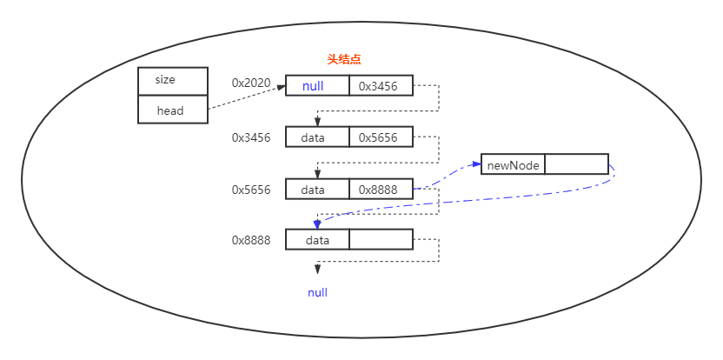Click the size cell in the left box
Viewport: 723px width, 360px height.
click(172, 80)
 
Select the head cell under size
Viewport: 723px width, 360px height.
click(172, 110)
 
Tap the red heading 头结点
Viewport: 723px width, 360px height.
click(343, 59)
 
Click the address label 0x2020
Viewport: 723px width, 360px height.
click(251, 83)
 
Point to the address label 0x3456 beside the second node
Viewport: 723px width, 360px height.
click(251, 137)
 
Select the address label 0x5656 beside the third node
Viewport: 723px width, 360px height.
click(251, 190)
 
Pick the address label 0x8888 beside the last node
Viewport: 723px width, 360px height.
click(251, 240)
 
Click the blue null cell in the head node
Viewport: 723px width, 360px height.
click(317, 86)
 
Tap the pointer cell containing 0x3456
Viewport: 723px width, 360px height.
click(381, 86)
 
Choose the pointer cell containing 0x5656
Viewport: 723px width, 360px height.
click(381, 137)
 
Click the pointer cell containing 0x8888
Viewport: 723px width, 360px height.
click(381, 190)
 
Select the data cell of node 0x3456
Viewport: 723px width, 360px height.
click(317, 137)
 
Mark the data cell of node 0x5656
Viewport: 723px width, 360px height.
click(317, 190)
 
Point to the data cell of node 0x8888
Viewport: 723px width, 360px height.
click(317, 240)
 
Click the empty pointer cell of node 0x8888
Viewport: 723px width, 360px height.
click(381, 240)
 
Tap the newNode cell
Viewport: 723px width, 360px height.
click(513, 164)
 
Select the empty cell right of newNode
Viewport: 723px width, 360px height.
click(576, 164)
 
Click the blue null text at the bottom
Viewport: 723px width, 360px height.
click(317, 293)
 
